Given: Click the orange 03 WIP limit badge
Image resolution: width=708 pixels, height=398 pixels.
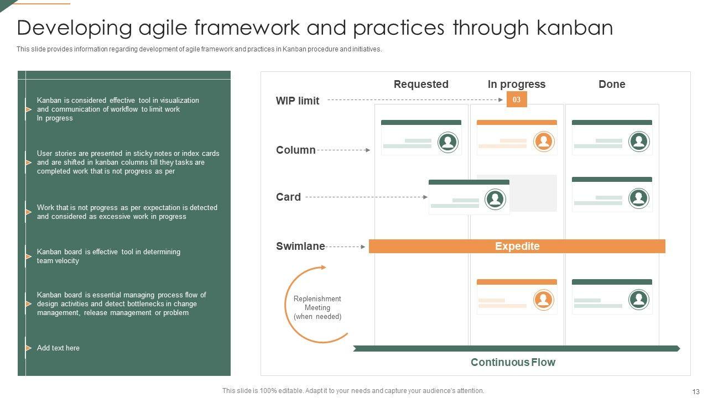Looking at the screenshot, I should click(517, 99).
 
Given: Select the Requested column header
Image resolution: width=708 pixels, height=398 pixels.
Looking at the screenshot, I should click(421, 84).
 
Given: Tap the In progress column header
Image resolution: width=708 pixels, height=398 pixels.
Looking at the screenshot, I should click(516, 84).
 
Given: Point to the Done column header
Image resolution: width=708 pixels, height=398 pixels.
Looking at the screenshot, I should click(612, 84).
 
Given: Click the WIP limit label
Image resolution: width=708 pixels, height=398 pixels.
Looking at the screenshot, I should click(298, 101).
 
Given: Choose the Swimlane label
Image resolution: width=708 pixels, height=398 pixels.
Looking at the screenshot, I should click(300, 247).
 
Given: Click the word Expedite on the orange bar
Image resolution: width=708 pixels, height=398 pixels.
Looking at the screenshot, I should click(517, 247).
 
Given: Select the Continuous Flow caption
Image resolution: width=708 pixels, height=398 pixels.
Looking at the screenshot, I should click(513, 362).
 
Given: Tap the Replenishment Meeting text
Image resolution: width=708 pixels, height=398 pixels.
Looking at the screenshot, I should click(317, 307).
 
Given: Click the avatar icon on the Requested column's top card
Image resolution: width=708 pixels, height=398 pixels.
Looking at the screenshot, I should click(448, 142).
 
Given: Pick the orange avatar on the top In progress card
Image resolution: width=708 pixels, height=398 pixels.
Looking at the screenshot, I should click(544, 142).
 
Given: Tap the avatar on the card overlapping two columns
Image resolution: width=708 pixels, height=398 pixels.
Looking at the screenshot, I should click(495, 199).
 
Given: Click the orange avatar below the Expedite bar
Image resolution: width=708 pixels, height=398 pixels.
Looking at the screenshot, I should click(544, 300).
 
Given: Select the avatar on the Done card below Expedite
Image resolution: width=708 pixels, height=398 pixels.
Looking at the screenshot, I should click(639, 300).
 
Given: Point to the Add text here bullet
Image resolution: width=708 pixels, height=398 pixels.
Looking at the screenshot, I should click(58, 348).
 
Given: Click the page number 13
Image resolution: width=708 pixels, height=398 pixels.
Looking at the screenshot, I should click(696, 391).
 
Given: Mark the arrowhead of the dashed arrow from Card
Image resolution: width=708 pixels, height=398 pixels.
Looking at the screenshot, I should click(425, 197).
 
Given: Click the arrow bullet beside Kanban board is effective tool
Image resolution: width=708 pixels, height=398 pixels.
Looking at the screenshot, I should click(28, 256).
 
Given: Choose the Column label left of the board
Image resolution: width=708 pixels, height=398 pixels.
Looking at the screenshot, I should click(296, 150).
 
